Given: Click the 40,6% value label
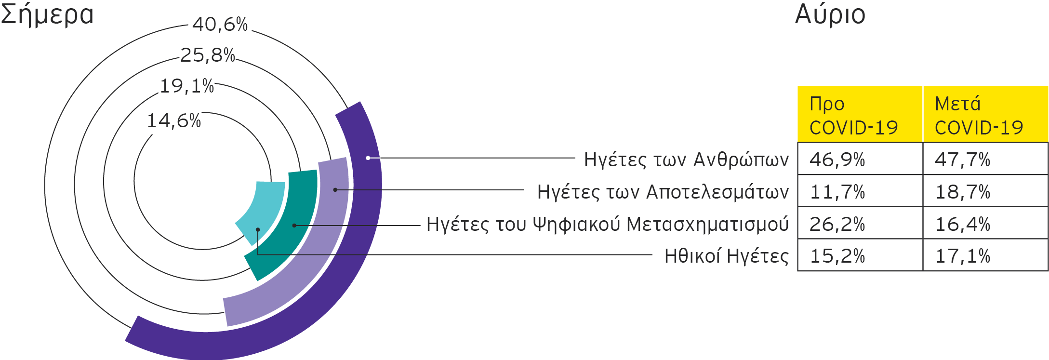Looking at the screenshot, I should [220, 24].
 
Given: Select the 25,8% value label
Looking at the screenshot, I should [208, 54].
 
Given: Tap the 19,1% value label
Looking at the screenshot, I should [186, 86].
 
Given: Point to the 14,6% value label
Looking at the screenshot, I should [173, 120].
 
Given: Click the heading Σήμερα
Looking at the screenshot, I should [47, 14].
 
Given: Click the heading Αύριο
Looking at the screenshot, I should [830, 14].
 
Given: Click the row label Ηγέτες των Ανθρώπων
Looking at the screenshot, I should [686, 160].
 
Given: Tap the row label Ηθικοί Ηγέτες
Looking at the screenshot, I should [726, 256].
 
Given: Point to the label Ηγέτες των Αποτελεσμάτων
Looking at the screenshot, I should [663, 192].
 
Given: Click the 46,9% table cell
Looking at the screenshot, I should [837, 160].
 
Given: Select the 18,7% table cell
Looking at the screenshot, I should [963, 192].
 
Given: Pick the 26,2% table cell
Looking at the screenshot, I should [837, 224].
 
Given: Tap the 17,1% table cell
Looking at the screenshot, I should [963, 256].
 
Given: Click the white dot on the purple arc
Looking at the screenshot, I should [368, 158].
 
